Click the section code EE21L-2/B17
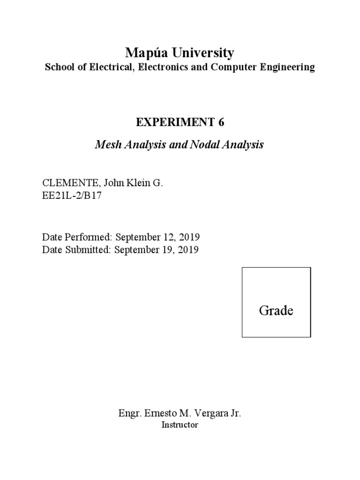(72, 196)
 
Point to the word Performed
(87, 237)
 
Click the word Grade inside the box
(276, 310)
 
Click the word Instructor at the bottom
(180, 425)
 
